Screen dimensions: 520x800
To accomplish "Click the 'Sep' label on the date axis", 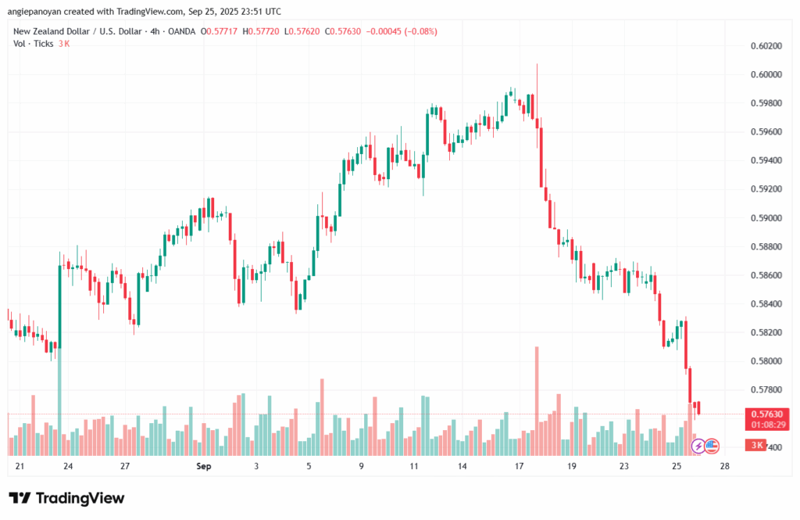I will (x=204, y=467).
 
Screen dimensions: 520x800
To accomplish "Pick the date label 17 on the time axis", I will (x=519, y=467).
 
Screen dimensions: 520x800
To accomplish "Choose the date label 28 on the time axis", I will (x=725, y=467).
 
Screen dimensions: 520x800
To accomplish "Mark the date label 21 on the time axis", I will (x=20, y=467).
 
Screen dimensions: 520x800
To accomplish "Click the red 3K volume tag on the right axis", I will (x=757, y=446).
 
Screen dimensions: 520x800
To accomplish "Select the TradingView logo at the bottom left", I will (x=66, y=498).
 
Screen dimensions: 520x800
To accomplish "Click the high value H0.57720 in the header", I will (x=260, y=31).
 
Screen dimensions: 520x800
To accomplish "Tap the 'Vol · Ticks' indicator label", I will (x=34, y=44).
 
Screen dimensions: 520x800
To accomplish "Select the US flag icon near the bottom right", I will (x=711, y=446).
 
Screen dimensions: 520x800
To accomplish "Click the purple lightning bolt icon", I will (x=698, y=446).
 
